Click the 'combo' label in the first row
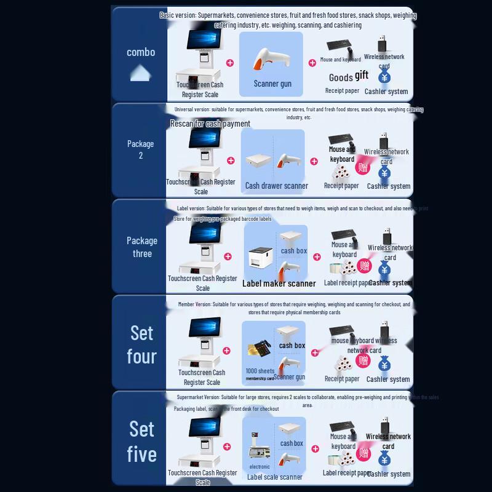point(141,52)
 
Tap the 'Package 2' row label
point(140,149)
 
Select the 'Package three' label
point(142,247)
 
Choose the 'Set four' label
point(141,344)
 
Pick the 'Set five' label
point(141,441)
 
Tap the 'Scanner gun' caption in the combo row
point(272,84)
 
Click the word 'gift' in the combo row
point(362,75)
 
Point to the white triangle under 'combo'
point(141,75)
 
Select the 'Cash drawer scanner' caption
point(276,186)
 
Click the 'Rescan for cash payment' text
point(210,124)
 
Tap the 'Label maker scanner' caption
point(279,284)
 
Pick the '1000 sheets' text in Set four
point(260,371)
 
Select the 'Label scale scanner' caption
point(275,477)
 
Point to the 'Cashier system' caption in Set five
point(388,474)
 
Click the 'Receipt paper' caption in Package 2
point(341,186)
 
